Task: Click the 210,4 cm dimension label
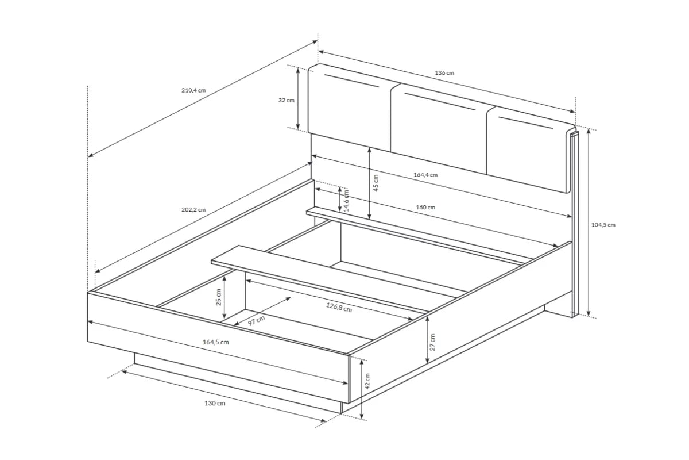[x=193, y=90]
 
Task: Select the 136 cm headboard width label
[x=444, y=73]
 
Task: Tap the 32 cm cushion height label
[x=287, y=100]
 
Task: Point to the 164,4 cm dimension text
[x=425, y=175]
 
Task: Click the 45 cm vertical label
[x=376, y=183]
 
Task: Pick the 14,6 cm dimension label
[x=346, y=200]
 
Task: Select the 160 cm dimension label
[x=425, y=208]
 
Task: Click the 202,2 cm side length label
[x=193, y=209]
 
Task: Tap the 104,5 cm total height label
[x=603, y=225]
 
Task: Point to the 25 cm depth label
[x=218, y=297]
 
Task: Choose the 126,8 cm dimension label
[x=339, y=307]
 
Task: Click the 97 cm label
[x=256, y=321]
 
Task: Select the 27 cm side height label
[x=432, y=342]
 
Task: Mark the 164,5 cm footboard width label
[x=216, y=342]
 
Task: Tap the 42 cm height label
[x=367, y=381]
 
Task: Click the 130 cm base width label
[x=215, y=403]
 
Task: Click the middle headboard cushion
[x=439, y=129]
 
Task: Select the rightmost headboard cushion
[x=531, y=149]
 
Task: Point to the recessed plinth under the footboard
[x=238, y=384]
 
